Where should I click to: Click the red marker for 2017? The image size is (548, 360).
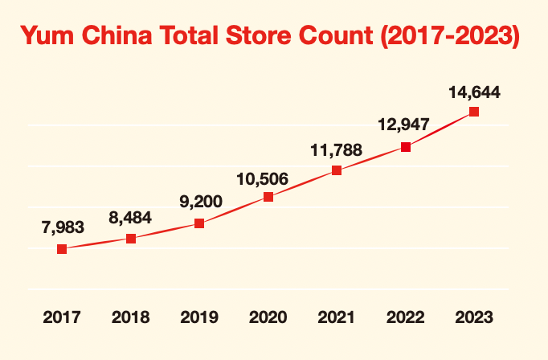click(x=62, y=249)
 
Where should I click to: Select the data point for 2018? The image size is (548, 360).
click(x=131, y=239)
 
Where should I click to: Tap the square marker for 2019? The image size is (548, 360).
click(x=199, y=223)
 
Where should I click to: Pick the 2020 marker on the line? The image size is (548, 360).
click(x=268, y=197)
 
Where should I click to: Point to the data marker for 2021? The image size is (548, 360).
click(x=337, y=170)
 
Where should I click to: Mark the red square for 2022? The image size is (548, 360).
click(x=406, y=147)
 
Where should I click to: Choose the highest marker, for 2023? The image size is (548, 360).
click(x=474, y=112)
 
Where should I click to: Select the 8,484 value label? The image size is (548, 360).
click(x=131, y=217)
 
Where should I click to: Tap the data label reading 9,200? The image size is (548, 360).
click(x=200, y=202)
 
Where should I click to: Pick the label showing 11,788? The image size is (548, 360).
click(x=337, y=149)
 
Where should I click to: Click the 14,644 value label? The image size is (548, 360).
click(x=475, y=92)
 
